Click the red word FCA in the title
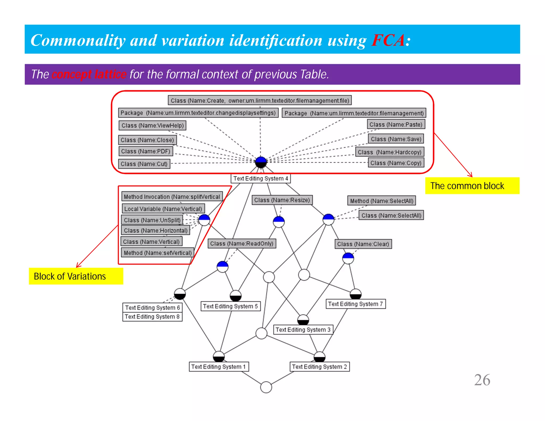[388, 40]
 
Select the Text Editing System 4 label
[261, 178]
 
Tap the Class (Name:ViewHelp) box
[152, 125]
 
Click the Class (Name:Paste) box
[396, 124]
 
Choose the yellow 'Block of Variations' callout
[76, 276]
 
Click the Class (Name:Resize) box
[282, 200]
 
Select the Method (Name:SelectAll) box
[381, 201]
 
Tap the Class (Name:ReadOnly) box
[242, 243]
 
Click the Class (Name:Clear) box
[363, 244]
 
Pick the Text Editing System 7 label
[356, 304]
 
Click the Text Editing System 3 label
[303, 330]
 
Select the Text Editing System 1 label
[218, 367]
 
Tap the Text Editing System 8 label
[152, 317]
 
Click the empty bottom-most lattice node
[266, 387]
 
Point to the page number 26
[482, 380]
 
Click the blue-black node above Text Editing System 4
[261, 162]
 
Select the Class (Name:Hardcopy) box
[390, 152]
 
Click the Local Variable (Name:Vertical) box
[163, 209]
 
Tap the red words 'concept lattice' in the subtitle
[89, 74]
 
